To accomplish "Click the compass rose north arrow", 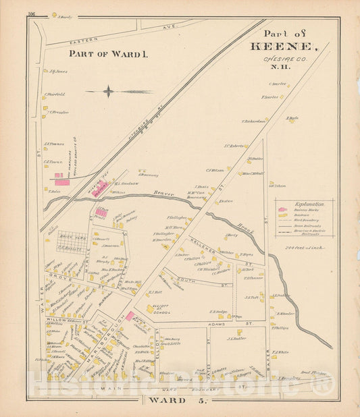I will (x=108, y=92).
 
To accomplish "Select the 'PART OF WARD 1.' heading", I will (x=107, y=53).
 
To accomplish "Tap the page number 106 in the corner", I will (x=32, y=14).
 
